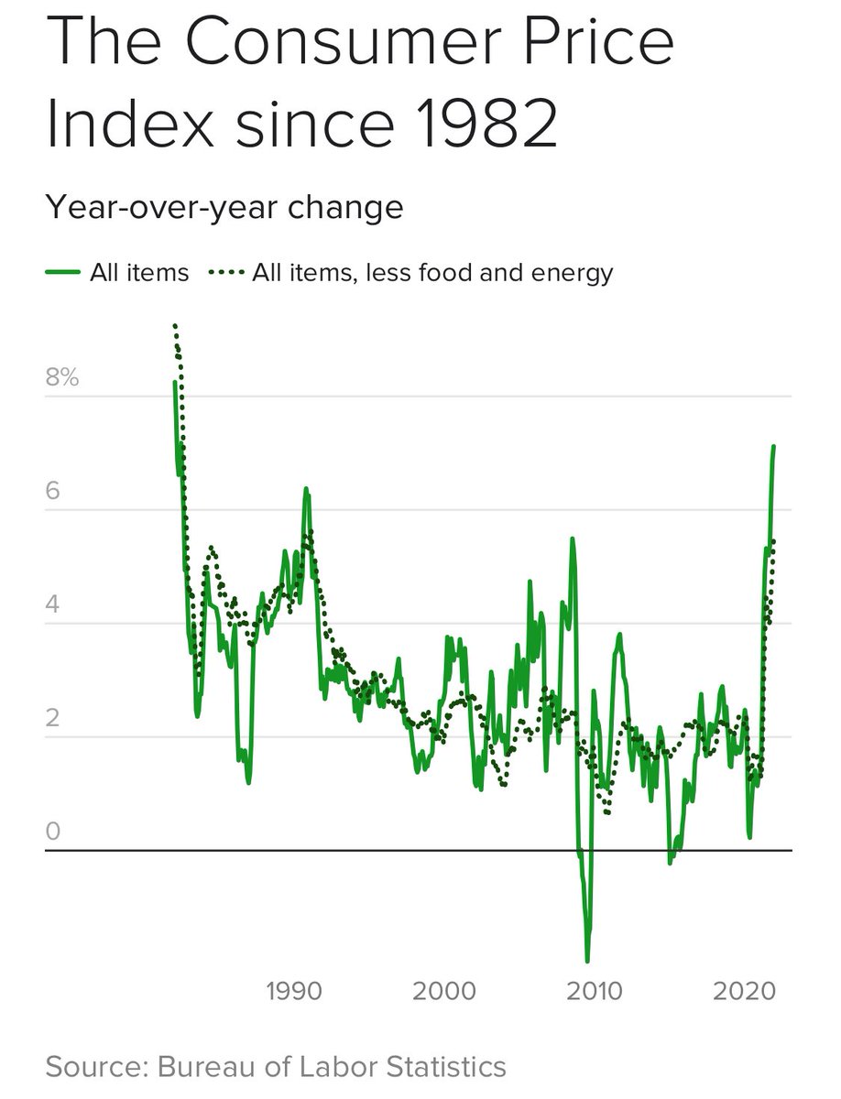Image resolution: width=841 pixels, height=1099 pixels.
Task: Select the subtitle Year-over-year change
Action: [224, 207]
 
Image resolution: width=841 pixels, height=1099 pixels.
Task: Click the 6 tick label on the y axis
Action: [53, 490]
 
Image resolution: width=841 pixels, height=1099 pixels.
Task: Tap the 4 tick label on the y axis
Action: [53, 604]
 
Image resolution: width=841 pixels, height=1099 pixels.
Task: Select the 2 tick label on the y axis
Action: [53, 717]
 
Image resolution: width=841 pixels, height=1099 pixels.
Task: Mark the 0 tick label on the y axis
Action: [53, 831]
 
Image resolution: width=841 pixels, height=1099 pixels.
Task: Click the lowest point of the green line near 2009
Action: [586, 960]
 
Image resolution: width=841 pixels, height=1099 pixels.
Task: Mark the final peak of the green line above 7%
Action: [773, 446]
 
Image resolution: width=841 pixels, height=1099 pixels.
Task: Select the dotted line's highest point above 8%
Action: [174, 324]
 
